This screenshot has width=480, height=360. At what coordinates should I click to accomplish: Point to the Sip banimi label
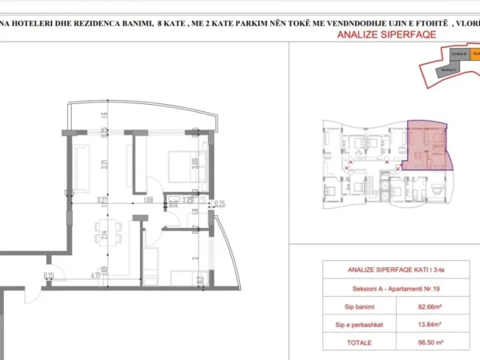tap(353, 304)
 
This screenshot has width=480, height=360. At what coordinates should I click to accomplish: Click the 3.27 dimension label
tap(102, 200)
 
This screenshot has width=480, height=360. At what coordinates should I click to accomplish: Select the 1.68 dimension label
tap(149, 200)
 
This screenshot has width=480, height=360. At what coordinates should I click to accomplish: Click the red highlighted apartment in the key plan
tap(428, 144)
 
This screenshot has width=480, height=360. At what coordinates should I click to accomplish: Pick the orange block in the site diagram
tap(474, 56)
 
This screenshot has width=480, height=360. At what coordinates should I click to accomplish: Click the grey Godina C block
tap(449, 70)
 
